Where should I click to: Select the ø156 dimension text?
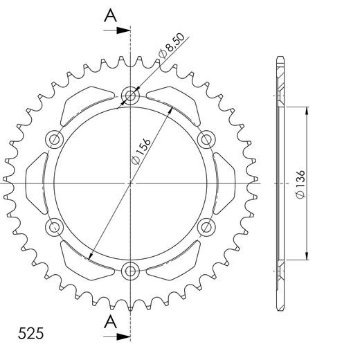(x=141, y=152)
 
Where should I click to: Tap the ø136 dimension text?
(x=300, y=184)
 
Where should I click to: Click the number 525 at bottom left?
(x=30, y=333)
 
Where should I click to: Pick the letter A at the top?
(x=111, y=16)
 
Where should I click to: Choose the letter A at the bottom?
(x=111, y=322)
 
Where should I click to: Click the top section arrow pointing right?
(x=117, y=30)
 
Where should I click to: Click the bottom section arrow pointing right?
(x=117, y=336)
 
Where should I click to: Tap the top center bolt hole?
(x=130, y=96)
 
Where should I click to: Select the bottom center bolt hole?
(x=130, y=271)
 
